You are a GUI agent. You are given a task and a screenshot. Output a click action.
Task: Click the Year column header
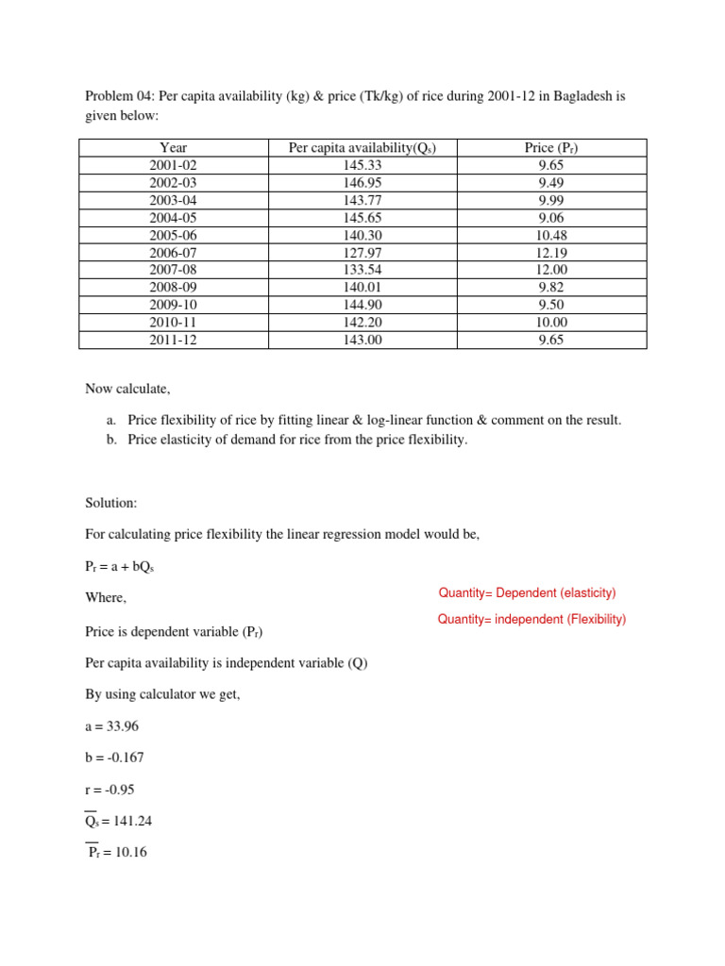pyautogui.click(x=174, y=147)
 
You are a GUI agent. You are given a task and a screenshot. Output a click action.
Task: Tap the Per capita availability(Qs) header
pyautogui.click(x=362, y=147)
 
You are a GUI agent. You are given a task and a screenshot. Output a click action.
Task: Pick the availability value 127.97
pyautogui.click(x=362, y=253)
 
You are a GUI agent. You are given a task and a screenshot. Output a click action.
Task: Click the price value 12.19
pyautogui.click(x=551, y=253)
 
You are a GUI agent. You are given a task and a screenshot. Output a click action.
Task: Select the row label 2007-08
pyautogui.click(x=174, y=270)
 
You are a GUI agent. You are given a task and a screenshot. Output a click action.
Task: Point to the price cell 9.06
pyautogui.click(x=551, y=217)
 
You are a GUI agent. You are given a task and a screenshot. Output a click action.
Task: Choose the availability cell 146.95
pyautogui.click(x=362, y=182)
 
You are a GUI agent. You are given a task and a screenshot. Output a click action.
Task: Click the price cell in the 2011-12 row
pyautogui.click(x=551, y=341)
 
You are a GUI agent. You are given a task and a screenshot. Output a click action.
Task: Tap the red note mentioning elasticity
pyautogui.click(x=527, y=592)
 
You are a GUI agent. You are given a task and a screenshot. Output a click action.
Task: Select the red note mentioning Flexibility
pyautogui.click(x=531, y=620)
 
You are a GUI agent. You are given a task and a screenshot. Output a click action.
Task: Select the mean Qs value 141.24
pyautogui.click(x=119, y=821)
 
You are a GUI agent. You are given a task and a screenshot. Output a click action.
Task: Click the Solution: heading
pyautogui.click(x=111, y=503)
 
